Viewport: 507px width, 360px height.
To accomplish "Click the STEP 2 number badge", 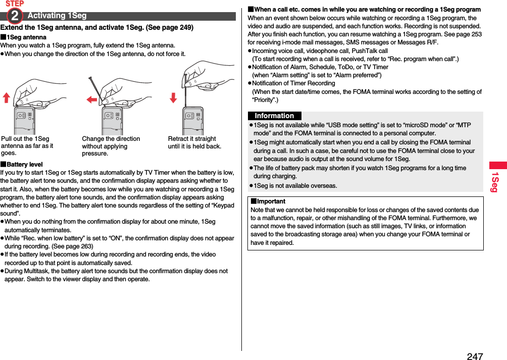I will point(15,16).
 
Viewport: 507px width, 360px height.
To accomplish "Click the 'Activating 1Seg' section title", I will point(57,16).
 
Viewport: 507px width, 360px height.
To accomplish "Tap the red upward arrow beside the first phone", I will point(7,97).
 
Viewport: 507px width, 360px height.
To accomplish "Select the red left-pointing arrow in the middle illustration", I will point(91,99).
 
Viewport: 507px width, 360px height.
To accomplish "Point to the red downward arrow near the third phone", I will point(173,97).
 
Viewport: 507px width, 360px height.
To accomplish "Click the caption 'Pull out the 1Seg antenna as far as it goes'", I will point(27,146).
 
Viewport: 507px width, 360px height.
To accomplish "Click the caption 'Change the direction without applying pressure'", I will point(111,146).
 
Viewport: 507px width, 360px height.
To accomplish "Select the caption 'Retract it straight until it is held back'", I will point(194,142).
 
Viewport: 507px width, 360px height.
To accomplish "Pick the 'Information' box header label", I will point(274,116).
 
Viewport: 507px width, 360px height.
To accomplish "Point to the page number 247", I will point(474,356).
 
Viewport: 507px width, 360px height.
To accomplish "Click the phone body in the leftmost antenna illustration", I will point(24,121).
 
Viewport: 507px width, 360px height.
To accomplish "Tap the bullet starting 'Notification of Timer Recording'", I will point(293,83).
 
